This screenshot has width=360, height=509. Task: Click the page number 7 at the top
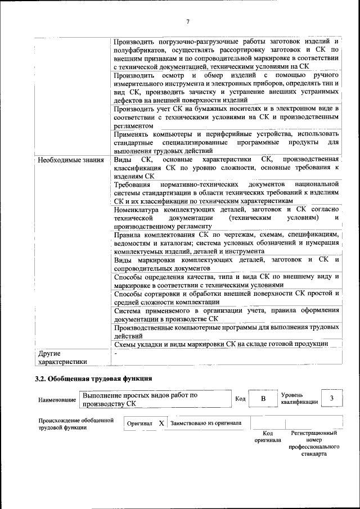click(188, 21)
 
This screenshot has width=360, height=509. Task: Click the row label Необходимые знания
click(71, 160)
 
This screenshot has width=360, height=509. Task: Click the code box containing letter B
click(262, 399)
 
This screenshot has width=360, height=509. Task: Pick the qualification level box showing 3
click(332, 399)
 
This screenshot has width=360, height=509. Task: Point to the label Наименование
click(57, 400)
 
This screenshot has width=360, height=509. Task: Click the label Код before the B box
click(240, 399)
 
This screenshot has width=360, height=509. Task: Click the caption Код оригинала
click(267, 437)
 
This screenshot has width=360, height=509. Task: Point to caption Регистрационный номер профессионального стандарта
click(314, 443)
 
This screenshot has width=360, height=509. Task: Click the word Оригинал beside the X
click(139, 423)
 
